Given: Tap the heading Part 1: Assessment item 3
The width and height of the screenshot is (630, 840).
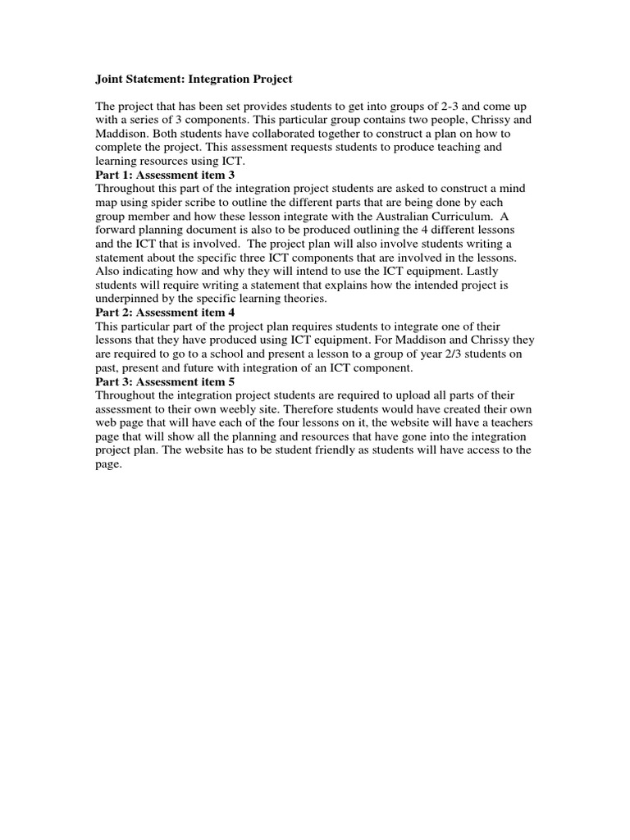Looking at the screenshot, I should (x=165, y=175).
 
